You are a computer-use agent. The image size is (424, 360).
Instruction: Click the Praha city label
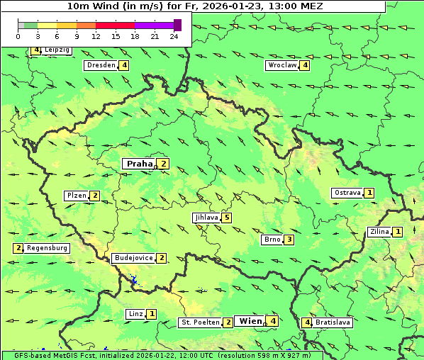[139, 164]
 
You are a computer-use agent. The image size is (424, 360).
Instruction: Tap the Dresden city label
[100, 65]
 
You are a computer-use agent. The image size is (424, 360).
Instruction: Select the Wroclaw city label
[281, 65]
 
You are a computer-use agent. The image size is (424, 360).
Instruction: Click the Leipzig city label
[56, 50]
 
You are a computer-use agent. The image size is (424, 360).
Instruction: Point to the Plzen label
[76, 196]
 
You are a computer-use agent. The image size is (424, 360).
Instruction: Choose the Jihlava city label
[206, 218]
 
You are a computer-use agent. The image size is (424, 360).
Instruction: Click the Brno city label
[272, 240]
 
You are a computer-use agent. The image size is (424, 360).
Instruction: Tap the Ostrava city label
[347, 193]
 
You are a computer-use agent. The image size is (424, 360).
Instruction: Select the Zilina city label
[379, 232]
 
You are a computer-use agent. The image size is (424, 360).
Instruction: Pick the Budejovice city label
[133, 258]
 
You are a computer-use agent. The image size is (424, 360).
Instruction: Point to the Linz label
[135, 314]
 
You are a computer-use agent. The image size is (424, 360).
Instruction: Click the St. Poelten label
[199, 322]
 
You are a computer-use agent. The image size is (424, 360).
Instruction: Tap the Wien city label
[250, 321]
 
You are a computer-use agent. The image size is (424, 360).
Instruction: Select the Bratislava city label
[333, 322]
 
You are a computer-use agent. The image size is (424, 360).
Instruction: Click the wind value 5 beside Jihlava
[226, 218]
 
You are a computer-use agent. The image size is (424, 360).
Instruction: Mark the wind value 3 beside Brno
[289, 240]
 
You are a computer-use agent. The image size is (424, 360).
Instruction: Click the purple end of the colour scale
[177, 25]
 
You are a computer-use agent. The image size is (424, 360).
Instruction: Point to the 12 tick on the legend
[96, 36]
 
